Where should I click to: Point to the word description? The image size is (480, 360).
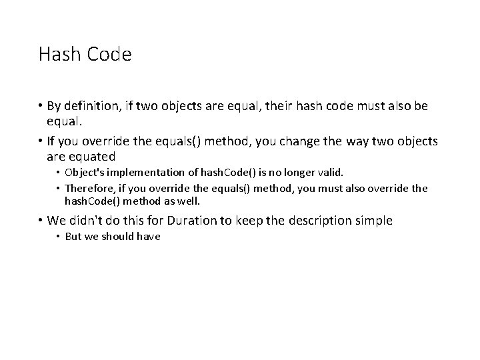(x=325, y=221)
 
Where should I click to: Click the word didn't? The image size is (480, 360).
(x=91, y=221)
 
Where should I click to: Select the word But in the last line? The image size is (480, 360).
(x=73, y=237)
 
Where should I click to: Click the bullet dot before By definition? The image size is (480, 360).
(x=41, y=107)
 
